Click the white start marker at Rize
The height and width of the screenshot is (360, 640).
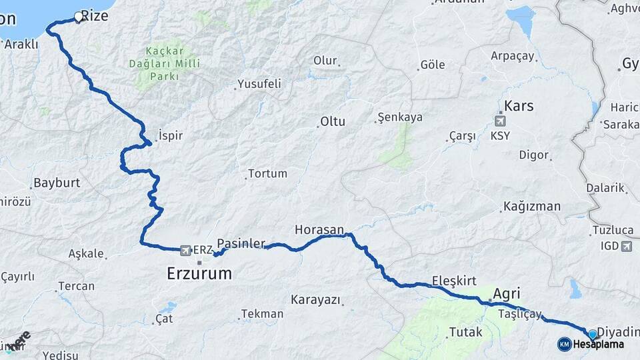(x=79, y=17)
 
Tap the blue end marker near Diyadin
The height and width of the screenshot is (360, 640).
(x=592, y=334)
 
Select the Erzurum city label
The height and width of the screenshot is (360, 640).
(x=199, y=273)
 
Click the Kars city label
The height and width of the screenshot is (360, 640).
(x=519, y=106)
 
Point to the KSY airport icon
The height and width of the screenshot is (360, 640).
(x=500, y=121)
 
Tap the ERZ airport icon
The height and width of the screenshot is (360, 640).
(x=185, y=249)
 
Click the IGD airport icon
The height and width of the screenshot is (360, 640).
(x=626, y=246)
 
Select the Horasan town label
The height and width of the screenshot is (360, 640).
(x=319, y=230)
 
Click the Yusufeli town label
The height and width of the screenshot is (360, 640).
(x=259, y=84)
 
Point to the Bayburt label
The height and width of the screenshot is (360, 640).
(x=57, y=182)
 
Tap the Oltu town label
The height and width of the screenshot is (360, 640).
(x=333, y=122)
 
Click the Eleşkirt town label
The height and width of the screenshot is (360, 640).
(x=454, y=281)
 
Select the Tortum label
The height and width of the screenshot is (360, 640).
(x=267, y=173)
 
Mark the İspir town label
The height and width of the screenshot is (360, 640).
(x=171, y=135)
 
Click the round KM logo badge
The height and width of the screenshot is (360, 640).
(x=564, y=344)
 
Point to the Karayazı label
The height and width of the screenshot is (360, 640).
(x=315, y=299)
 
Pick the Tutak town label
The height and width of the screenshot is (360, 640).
(x=465, y=331)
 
